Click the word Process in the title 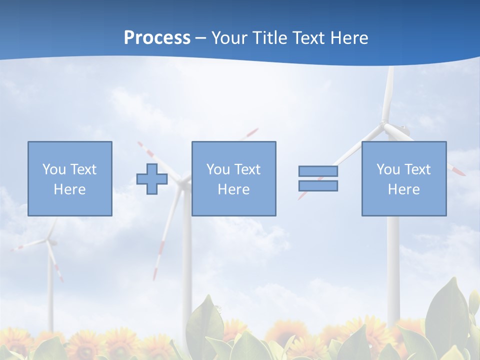[157, 38]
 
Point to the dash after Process [201, 38]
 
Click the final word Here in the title [349, 38]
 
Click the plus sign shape [152, 178]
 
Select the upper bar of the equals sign [318, 171]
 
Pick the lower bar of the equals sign [318, 185]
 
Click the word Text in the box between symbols [247, 169]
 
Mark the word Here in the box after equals [403, 189]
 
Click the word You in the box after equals [388, 169]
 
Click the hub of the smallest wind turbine [49, 241]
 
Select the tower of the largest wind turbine [393, 260]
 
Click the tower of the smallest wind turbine [50, 290]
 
